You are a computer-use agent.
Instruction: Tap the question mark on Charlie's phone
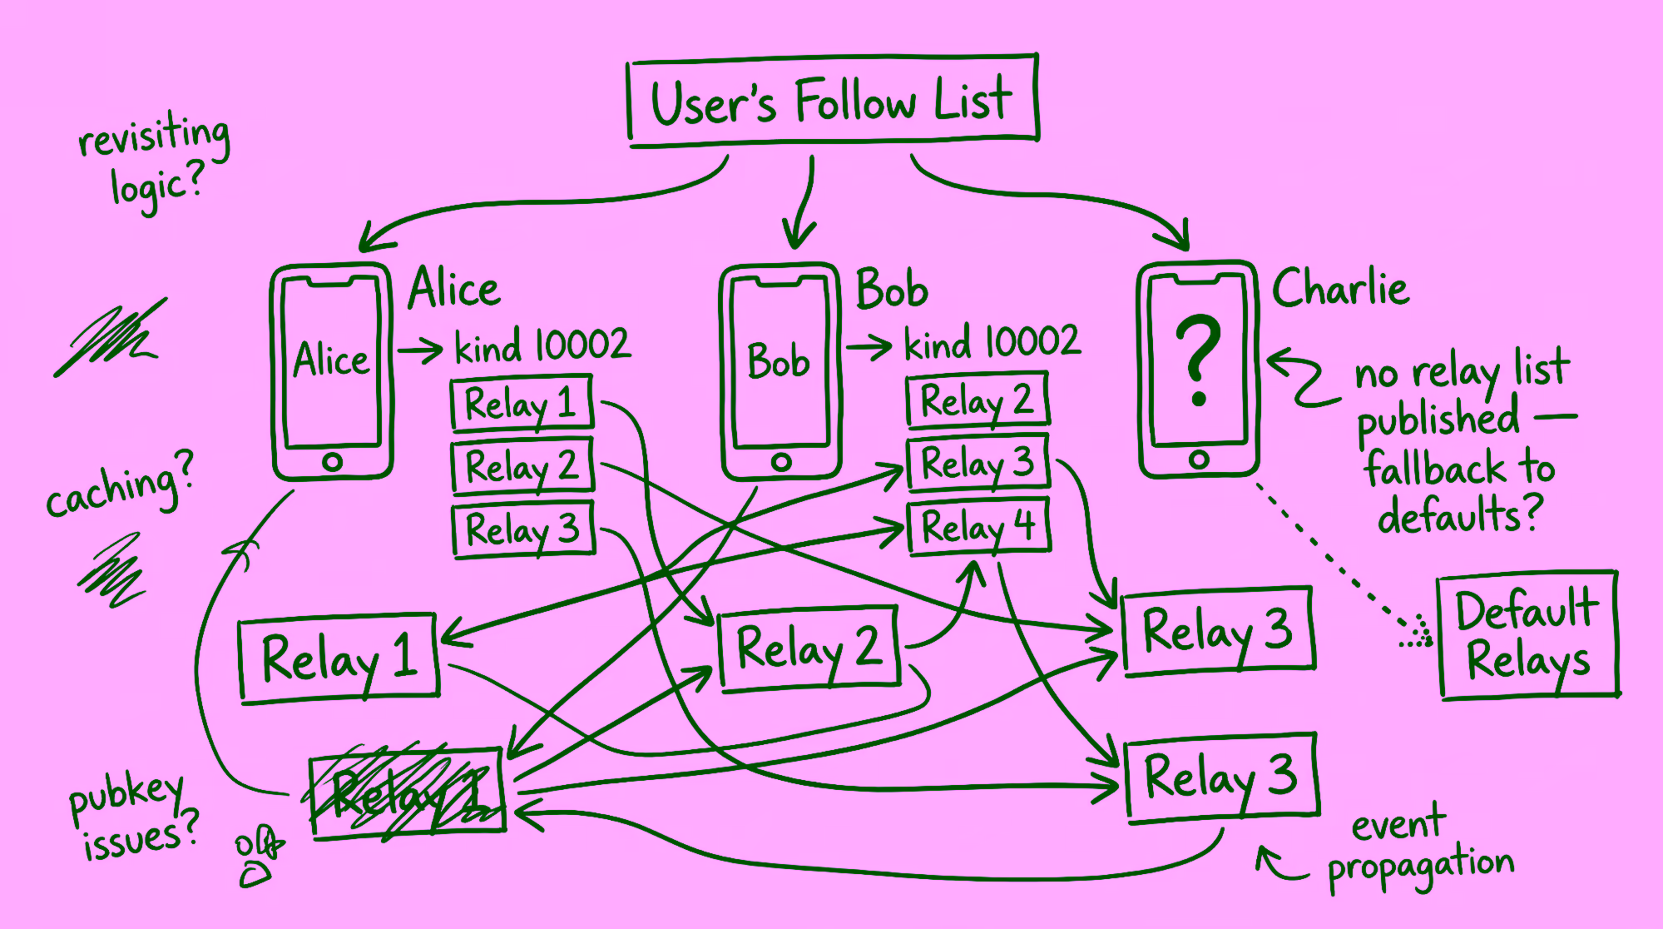1198,359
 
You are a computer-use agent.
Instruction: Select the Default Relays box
1528,635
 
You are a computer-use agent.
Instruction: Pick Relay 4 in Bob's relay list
978,526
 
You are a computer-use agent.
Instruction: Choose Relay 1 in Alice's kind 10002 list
522,405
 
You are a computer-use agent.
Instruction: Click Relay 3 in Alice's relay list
523,529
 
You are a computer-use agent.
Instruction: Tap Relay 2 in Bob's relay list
978,400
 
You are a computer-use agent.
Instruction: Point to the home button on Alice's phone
332,462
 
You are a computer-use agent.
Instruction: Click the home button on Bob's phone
780,462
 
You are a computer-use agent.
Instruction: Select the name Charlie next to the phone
1340,289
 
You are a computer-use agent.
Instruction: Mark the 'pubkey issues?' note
133,817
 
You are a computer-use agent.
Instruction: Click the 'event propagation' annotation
1418,847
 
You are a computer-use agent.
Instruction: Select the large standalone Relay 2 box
809,648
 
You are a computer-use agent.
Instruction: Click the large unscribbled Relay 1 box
339,658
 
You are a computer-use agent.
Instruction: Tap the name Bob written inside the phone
779,361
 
